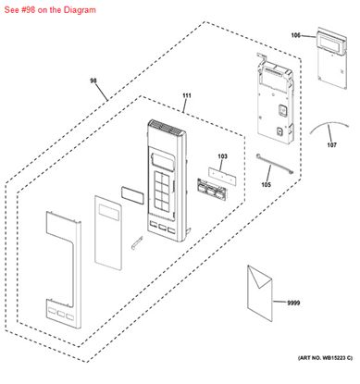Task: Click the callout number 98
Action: point(93,81)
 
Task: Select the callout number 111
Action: point(187,95)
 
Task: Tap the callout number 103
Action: point(223,156)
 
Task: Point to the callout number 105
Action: point(267,184)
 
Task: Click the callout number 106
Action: point(296,35)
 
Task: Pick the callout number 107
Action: point(332,144)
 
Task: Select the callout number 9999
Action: point(293,303)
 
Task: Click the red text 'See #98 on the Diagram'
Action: point(50,10)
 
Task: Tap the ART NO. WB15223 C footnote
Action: point(325,358)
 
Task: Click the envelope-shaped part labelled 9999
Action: point(260,293)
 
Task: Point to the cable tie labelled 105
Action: point(274,165)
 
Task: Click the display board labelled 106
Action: point(331,57)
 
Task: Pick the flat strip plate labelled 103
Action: point(222,177)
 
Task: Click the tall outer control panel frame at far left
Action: point(64,269)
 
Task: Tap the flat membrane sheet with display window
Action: point(108,232)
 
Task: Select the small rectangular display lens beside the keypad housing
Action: point(132,195)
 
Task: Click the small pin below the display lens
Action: point(137,242)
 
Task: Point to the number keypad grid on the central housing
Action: point(161,190)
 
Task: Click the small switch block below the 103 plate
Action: point(212,190)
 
